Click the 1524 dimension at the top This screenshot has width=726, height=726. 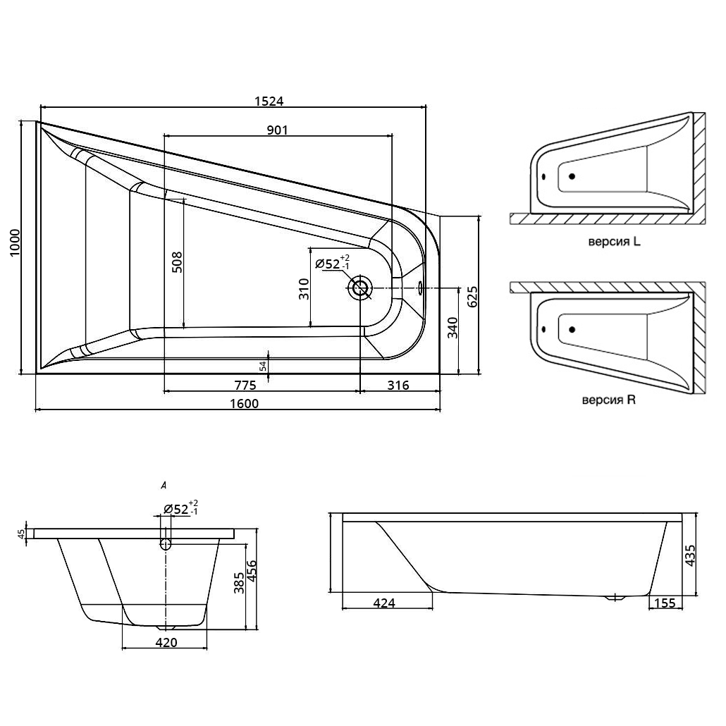coord(269,101)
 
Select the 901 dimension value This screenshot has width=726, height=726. coord(277,130)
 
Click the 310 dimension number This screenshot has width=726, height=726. coord(304,290)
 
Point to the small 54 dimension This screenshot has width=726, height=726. coord(263,366)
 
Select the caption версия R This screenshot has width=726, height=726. coord(608,400)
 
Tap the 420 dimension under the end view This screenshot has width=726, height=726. coord(166,642)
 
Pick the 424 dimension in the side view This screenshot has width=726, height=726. coord(384,603)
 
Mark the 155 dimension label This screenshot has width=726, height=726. coord(665,603)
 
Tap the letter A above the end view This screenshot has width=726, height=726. coord(164,485)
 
